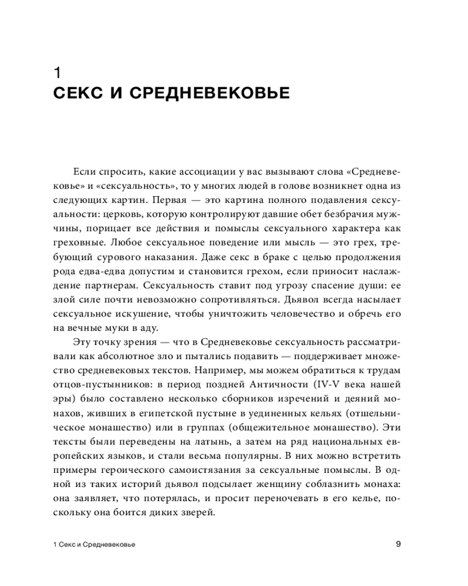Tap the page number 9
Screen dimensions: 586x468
point(398,544)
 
